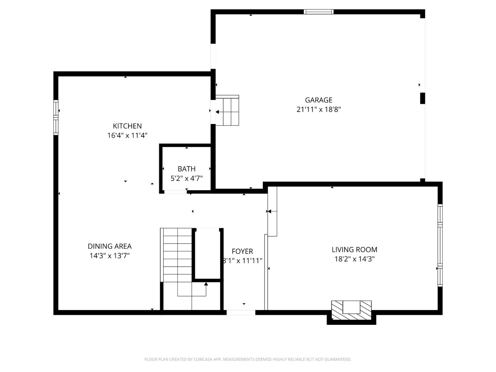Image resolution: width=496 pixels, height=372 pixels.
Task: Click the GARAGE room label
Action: click(319, 100)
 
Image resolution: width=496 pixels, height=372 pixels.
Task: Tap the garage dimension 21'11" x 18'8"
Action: click(319, 110)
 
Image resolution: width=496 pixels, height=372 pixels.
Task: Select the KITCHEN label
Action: click(127, 126)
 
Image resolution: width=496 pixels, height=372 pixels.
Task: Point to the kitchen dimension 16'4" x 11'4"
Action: click(127, 135)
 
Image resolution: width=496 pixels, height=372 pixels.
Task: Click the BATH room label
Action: click(186, 169)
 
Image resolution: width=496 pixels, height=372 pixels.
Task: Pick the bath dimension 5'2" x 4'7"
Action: click(186, 178)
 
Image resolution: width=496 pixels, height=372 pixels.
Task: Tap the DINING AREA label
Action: click(110, 246)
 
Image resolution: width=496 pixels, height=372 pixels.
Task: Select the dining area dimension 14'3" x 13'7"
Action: click(110, 256)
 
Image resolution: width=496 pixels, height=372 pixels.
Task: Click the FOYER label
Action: click(242, 251)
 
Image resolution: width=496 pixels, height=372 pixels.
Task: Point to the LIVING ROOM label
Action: click(354, 250)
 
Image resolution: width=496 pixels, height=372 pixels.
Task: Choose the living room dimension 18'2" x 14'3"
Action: click(354, 259)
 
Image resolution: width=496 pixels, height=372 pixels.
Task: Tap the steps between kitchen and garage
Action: click(227, 111)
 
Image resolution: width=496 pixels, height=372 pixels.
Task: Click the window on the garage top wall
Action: click(319, 12)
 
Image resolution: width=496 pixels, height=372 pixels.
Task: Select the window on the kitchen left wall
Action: click(56, 117)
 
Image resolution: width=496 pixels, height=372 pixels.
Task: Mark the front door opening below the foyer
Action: click(241, 312)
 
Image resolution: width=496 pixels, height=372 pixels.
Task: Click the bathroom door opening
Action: click(175, 192)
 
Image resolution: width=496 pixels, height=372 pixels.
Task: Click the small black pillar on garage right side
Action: click(422, 98)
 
